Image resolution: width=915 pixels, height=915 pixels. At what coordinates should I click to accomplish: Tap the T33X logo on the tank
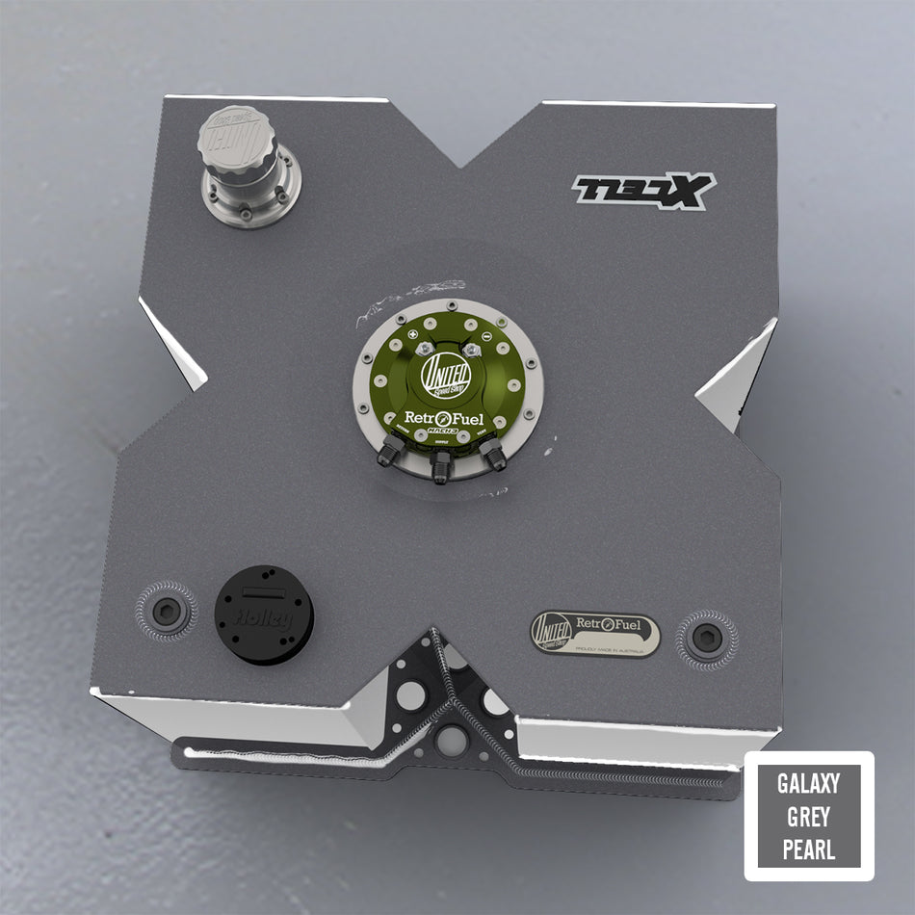click(643, 190)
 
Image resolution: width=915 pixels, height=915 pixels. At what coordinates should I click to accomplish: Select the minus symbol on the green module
click(487, 338)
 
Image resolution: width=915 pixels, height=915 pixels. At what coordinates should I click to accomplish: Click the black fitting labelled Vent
click(494, 455)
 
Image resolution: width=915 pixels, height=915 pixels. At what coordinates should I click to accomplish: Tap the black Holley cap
click(264, 614)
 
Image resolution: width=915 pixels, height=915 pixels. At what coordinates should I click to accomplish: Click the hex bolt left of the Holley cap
click(167, 609)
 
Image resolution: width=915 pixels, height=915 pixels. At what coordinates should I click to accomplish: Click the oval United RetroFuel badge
click(595, 634)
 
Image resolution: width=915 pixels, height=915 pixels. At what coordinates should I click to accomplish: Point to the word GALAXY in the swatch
click(808, 783)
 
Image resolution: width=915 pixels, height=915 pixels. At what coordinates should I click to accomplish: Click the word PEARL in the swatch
click(808, 850)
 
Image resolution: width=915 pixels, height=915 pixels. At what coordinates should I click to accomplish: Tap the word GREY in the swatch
click(808, 817)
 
